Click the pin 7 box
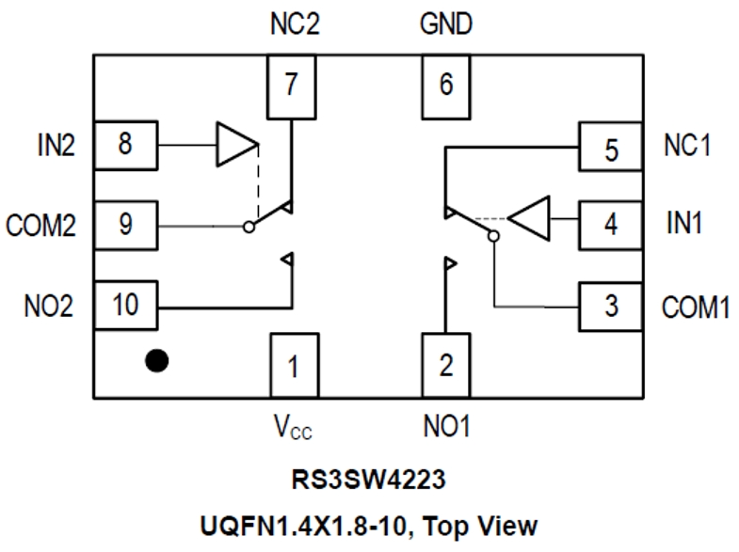click(293, 86)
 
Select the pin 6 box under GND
click(445, 86)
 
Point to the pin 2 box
click(445, 365)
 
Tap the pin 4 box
click(610, 226)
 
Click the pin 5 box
click(610, 147)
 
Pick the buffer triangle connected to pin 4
click(529, 218)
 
